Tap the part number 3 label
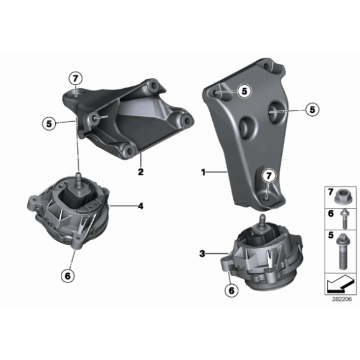(x=202, y=253)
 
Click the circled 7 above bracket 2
(x=75, y=78)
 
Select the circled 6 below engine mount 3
(x=231, y=289)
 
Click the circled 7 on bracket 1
(x=269, y=176)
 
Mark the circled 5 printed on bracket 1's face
(x=244, y=91)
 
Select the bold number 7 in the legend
(x=329, y=190)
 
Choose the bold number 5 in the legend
(x=329, y=235)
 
